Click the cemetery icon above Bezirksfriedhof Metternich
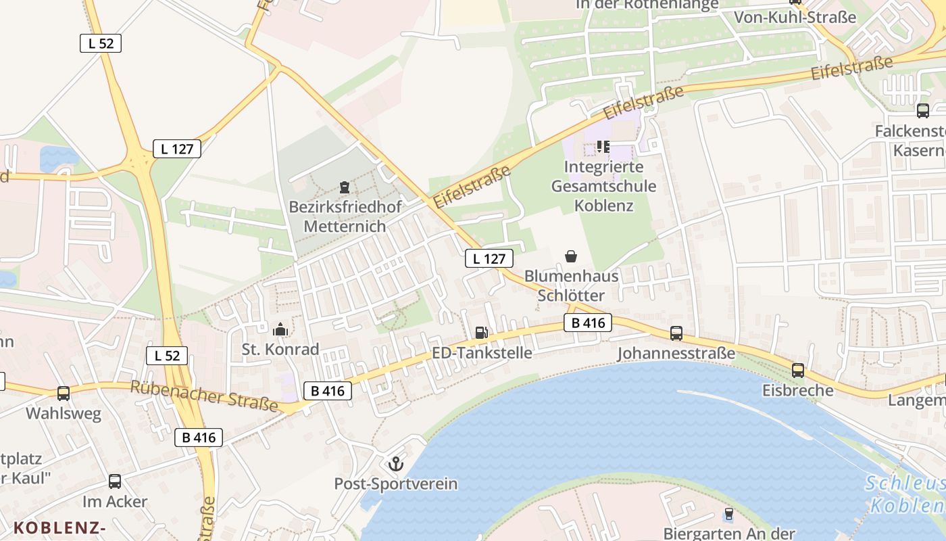(x=345, y=187)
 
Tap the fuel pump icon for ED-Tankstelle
(x=481, y=332)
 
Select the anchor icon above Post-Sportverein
(x=395, y=464)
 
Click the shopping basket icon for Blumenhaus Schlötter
(x=571, y=256)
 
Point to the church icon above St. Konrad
(x=280, y=329)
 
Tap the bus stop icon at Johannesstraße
(x=676, y=333)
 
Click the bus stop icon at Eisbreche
(x=798, y=370)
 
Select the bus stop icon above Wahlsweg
(x=64, y=393)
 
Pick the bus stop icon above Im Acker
(x=115, y=481)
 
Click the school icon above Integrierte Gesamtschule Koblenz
(x=603, y=146)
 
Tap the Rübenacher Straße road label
(x=204, y=396)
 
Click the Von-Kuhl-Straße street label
(x=795, y=18)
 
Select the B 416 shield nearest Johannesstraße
(x=588, y=323)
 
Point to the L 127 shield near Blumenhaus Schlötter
(x=489, y=258)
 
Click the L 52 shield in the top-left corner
(x=101, y=43)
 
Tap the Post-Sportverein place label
(x=396, y=484)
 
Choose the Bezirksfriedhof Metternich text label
(x=345, y=216)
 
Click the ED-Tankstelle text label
(x=482, y=353)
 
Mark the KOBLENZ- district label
(x=60, y=527)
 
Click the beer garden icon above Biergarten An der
(x=728, y=514)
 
